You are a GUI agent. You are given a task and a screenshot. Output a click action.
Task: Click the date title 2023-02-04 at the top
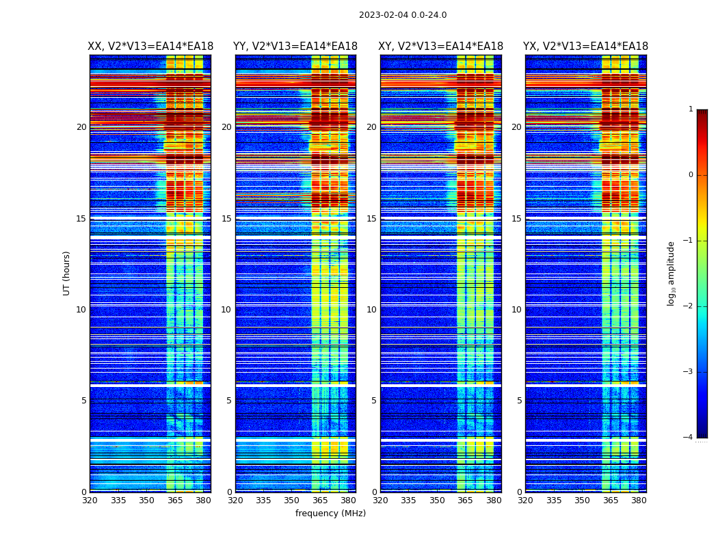coord(402,15)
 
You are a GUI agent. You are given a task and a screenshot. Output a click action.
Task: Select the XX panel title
coord(150,46)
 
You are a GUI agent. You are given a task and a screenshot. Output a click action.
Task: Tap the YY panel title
coord(295,46)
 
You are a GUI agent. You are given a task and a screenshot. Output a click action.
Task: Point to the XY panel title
coord(441,46)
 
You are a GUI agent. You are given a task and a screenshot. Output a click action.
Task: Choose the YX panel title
coord(586,46)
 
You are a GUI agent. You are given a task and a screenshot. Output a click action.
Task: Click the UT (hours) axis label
coord(67,273)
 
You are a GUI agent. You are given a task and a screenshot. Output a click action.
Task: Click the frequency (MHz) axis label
coord(330,513)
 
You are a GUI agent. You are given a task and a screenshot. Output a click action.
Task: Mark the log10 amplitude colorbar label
coord(672,273)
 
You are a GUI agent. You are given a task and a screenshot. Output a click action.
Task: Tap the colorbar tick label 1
coord(691,109)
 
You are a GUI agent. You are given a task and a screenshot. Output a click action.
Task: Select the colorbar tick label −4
coord(689,438)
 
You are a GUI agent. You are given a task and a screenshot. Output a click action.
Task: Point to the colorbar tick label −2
coord(689,306)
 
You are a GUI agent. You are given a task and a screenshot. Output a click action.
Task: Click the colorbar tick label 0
coord(691,175)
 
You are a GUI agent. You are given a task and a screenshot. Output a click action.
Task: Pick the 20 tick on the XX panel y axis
coord(81,127)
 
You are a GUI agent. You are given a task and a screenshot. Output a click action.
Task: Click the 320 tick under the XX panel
coord(90,501)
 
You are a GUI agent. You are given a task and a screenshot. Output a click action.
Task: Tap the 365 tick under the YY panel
coord(321,501)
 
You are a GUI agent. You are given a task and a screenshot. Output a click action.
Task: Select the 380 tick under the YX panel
coord(639,501)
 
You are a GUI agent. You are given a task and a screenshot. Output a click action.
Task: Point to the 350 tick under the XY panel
coord(437,501)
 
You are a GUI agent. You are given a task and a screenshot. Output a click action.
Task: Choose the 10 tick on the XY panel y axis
coord(371,310)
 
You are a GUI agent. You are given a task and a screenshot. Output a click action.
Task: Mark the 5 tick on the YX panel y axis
coord(519,401)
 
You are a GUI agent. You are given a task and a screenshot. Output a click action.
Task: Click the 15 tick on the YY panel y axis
coord(226,219)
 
